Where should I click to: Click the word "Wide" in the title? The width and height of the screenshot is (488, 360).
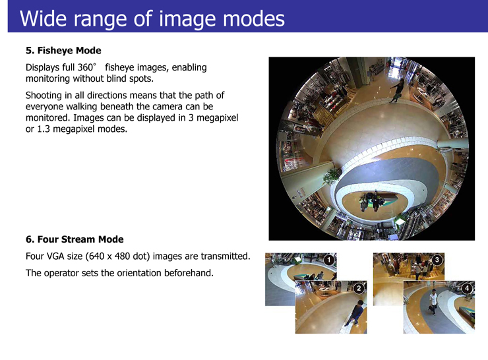click(44, 18)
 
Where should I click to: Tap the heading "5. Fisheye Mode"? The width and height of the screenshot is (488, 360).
click(63, 50)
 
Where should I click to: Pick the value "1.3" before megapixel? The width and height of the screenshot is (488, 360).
click(44, 129)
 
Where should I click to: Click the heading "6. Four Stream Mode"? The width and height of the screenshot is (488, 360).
click(75, 239)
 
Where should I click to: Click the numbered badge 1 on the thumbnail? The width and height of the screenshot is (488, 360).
click(329, 260)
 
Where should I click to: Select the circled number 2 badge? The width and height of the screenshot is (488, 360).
click(359, 288)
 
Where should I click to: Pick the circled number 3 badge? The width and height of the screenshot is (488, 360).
click(437, 260)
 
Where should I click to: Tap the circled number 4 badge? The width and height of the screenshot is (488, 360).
click(467, 288)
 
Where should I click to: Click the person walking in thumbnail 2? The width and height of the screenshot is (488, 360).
click(355, 313)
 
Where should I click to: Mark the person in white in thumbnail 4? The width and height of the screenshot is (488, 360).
click(433, 301)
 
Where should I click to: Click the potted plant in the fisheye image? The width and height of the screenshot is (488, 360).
click(332, 176)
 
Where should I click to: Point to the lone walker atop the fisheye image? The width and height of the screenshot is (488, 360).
click(397, 90)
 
